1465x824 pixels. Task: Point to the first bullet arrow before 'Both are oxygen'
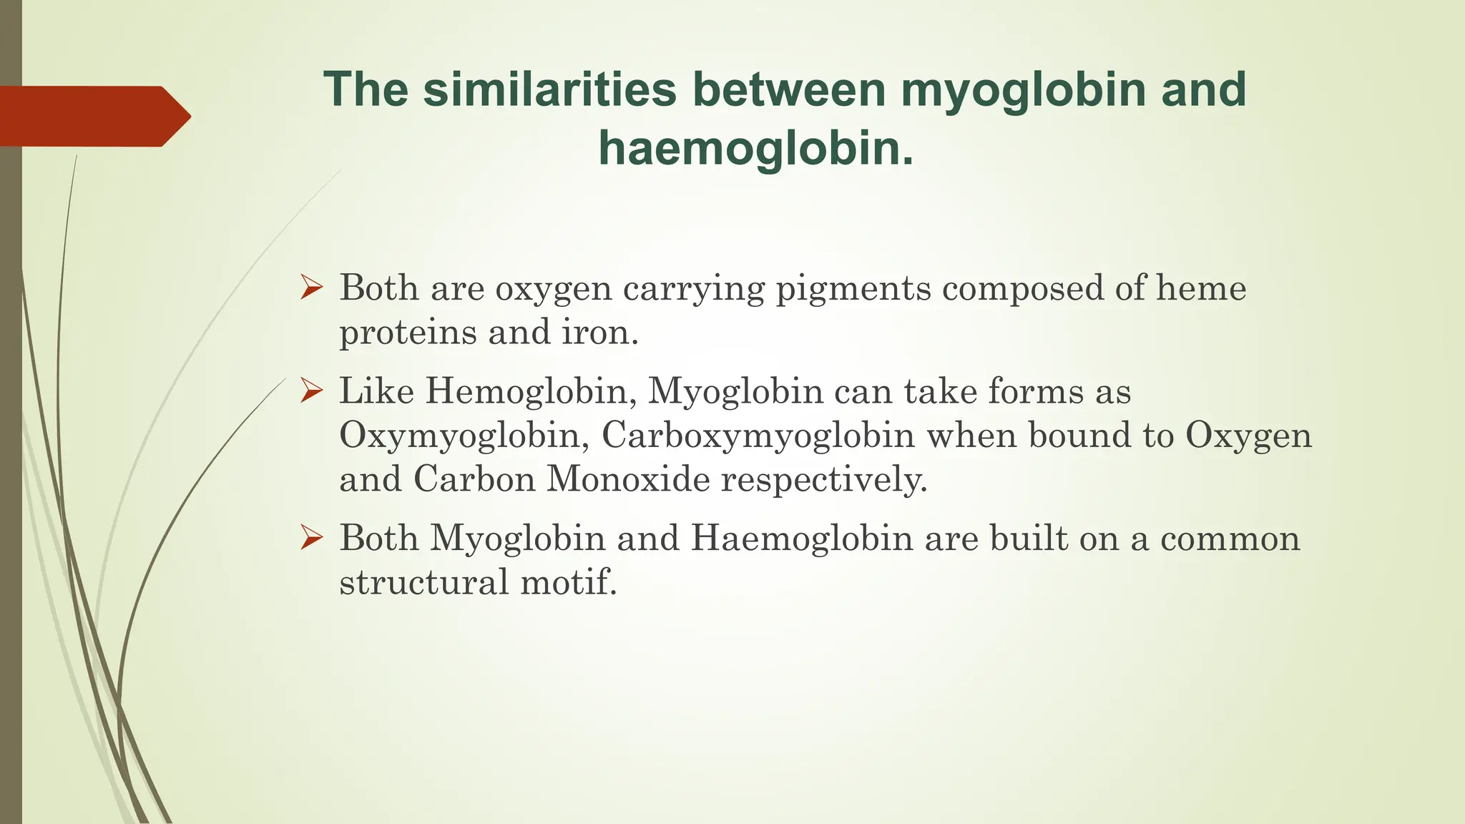[x=312, y=288]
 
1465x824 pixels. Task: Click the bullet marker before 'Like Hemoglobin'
[x=312, y=391]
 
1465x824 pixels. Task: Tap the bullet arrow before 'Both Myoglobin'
[x=312, y=538]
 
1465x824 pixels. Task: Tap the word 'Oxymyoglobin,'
[x=465, y=436]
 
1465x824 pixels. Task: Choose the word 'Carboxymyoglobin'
[x=758, y=436]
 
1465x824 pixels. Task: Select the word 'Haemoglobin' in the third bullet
[x=802, y=539]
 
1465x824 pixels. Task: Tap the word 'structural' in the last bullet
[x=423, y=582]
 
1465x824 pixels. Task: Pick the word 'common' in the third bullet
[x=1230, y=539]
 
